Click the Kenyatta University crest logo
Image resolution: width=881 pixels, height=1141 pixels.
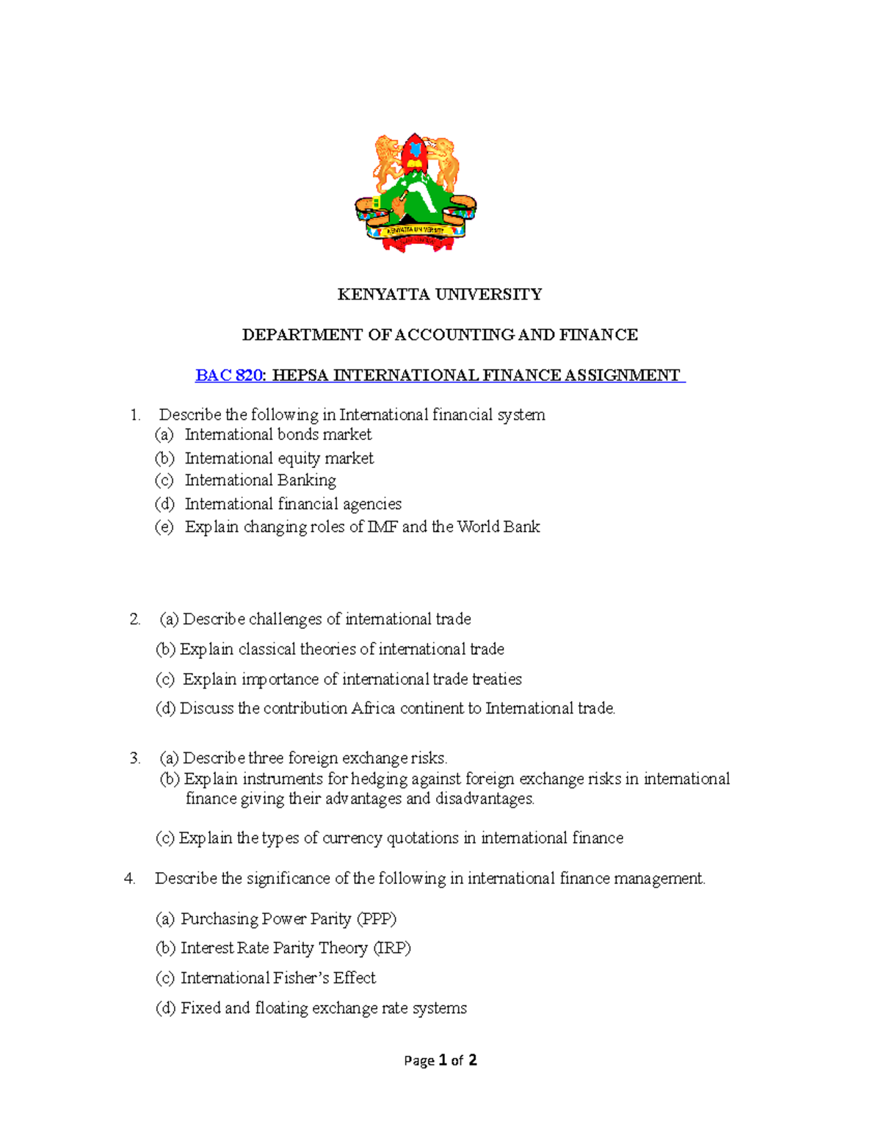coord(416,193)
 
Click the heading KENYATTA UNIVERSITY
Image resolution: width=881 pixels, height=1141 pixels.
coord(439,295)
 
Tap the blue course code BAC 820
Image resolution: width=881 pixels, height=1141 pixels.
coord(228,375)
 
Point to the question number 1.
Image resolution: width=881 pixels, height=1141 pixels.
coord(134,415)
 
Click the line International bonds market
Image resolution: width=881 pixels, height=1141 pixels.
coord(278,435)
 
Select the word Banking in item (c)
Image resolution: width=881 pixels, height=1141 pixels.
coord(311,480)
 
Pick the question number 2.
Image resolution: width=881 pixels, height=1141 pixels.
coord(134,619)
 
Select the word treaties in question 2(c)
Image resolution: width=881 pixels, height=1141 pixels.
coord(497,680)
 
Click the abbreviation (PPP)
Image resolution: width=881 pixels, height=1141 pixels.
coord(376,919)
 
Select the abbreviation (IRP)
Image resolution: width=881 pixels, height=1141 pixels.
coord(392,949)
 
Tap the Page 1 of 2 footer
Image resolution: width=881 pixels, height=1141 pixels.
coord(440,1060)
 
